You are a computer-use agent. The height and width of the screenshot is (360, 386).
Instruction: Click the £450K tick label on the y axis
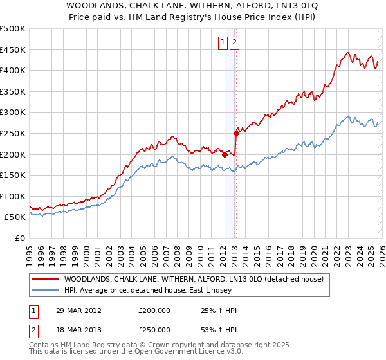[x=13, y=50]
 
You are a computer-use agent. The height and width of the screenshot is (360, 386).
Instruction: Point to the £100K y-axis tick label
[x=13, y=196]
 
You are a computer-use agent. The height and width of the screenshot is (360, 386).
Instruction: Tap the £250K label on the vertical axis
[x=13, y=133]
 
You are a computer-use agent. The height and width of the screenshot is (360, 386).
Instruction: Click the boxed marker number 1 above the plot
[x=223, y=43]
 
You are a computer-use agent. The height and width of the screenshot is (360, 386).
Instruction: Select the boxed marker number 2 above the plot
[x=234, y=43]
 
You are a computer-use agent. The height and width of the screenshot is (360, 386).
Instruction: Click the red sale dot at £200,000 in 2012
[x=225, y=154]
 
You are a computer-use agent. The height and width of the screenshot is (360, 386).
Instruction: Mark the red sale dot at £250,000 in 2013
[x=235, y=133]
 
